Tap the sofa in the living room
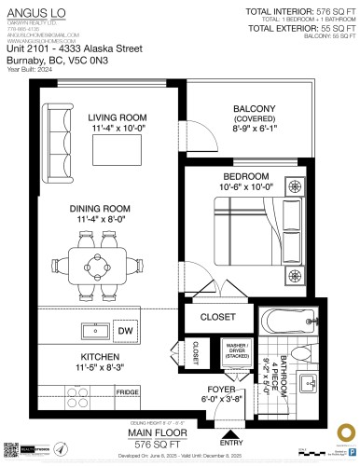(57, 130)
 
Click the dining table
(96, 265)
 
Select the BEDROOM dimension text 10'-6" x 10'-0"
(246, 188)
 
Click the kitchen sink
(92, 330)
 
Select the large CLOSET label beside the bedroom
(218, 317)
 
